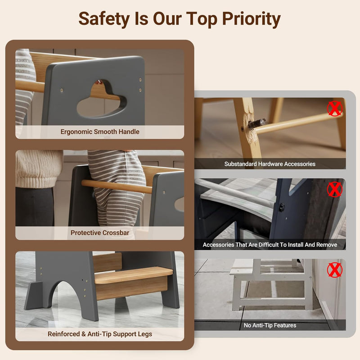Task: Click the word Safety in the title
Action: point(104,19)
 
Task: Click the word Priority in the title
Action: point(252,19)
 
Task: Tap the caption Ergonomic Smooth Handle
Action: point(100,132)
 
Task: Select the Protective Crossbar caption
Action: point(100,233)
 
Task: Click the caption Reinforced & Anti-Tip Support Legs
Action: point(100,334)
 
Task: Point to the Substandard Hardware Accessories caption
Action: point(270,164)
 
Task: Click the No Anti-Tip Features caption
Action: point(270,325)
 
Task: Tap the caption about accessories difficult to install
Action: point(270,245)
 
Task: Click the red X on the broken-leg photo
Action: point(335,108)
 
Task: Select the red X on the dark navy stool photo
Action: point(335,189)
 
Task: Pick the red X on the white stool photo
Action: point(335,270)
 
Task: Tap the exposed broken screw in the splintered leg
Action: point(256,124)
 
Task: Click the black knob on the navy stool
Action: point(282,207)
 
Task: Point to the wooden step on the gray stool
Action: point(133,274)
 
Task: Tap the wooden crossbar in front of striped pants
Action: point(117,186)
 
